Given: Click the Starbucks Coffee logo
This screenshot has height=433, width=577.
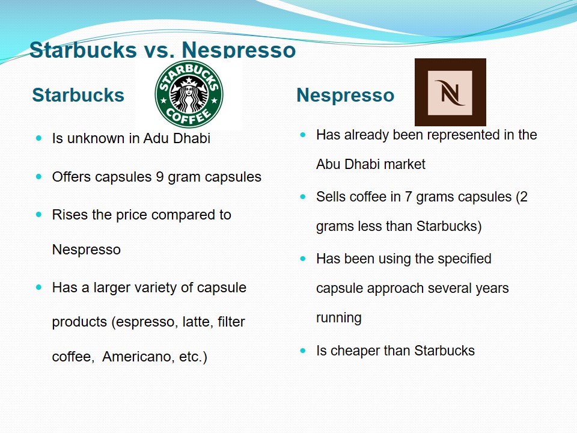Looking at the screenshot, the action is [189, 94].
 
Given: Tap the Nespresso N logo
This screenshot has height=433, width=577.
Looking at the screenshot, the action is [450, 92].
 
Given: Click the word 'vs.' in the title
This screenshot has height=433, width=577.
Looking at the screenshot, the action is [159, 50].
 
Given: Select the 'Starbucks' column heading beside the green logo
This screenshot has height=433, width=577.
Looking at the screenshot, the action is [78, 95].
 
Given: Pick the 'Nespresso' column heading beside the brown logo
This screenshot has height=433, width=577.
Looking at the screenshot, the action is [345, 95].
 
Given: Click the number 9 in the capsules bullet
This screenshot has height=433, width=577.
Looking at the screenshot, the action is [160, 177].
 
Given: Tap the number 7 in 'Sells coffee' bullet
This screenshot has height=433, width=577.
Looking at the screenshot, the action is [408, 197].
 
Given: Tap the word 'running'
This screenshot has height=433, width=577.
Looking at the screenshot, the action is [339, 318].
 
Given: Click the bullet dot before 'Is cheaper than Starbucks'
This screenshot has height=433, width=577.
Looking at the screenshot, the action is [303, 351].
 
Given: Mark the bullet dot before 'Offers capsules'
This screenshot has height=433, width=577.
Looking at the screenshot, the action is [39, 177].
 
